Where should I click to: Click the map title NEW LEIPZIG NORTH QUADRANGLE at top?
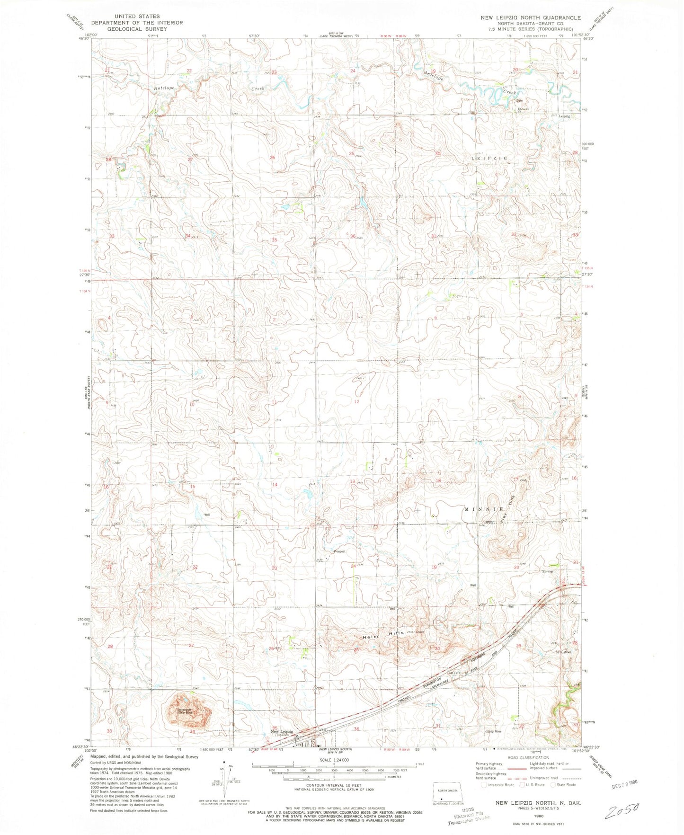click(x=530, y=18)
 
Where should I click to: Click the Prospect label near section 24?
click(x=340, y=551)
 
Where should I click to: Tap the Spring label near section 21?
click(x=547, y=571)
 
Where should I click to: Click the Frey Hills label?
click(x=507, y=509)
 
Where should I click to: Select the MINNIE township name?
click(x=484, y=509)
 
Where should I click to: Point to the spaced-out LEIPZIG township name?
click(x=489, y=158)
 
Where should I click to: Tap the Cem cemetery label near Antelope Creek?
click(x=519, y=101)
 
